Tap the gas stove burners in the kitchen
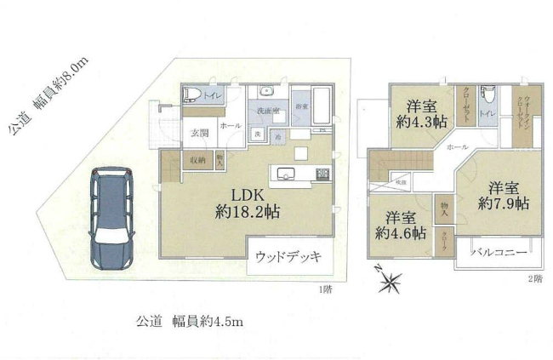pos(322,174)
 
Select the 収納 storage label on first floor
pos(197,158)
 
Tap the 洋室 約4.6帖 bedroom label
pos(402,226)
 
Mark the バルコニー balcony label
pos(499,253)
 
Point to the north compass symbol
pos(389,280)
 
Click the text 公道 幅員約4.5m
pos(190,322)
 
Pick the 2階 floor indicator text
pos(534,279)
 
